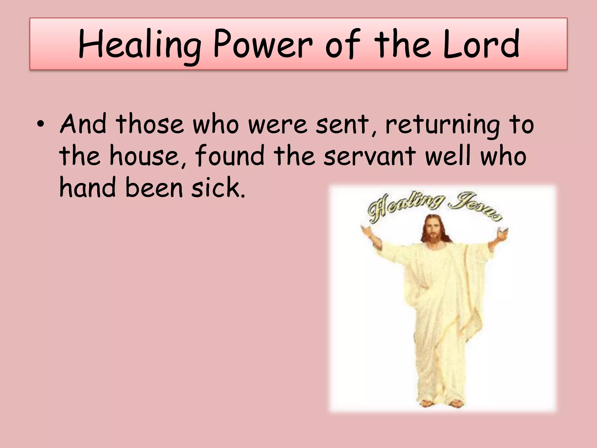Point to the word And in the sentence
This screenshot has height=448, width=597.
[x=83, y=124]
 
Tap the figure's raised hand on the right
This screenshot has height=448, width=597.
[x=503, y=233]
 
